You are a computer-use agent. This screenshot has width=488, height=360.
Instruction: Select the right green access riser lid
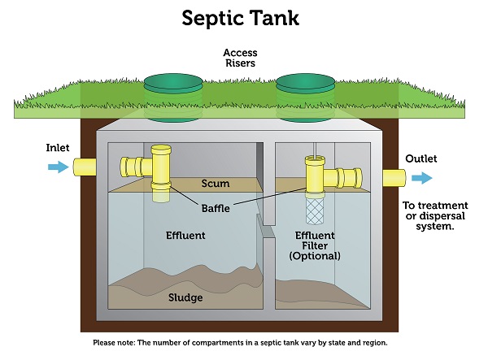pos(305,83)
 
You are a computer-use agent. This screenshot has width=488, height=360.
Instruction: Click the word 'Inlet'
pos(58,149)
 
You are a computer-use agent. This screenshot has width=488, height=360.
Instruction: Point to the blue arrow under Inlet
pos(58,167)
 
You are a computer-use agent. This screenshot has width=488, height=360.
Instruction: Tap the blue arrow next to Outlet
pos(422,178)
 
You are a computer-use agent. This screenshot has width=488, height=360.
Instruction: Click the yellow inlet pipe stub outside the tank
pos(85,167)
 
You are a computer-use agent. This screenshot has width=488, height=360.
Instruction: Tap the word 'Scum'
pos(215,184)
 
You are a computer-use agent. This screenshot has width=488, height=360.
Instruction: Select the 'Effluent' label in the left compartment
pos(185,236)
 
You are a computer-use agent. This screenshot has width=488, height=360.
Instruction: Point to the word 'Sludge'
pos(185,297)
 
